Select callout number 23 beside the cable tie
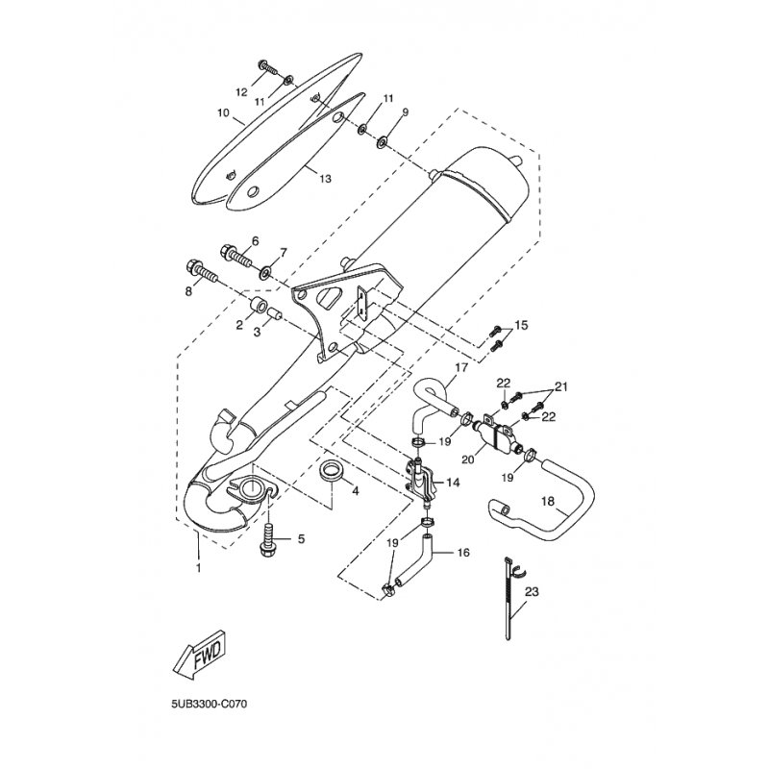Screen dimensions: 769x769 point(532,593)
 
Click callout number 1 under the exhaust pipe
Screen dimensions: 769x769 point(199,568)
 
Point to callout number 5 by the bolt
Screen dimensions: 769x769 point(300,539)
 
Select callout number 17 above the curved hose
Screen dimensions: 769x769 point(461,367)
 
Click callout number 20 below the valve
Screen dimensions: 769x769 point(469,459)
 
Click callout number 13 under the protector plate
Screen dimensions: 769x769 point(325,179)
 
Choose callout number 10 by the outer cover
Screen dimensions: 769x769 point(222,112)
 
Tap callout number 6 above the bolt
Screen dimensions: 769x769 point(256,240)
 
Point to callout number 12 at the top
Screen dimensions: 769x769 point(242,92)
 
